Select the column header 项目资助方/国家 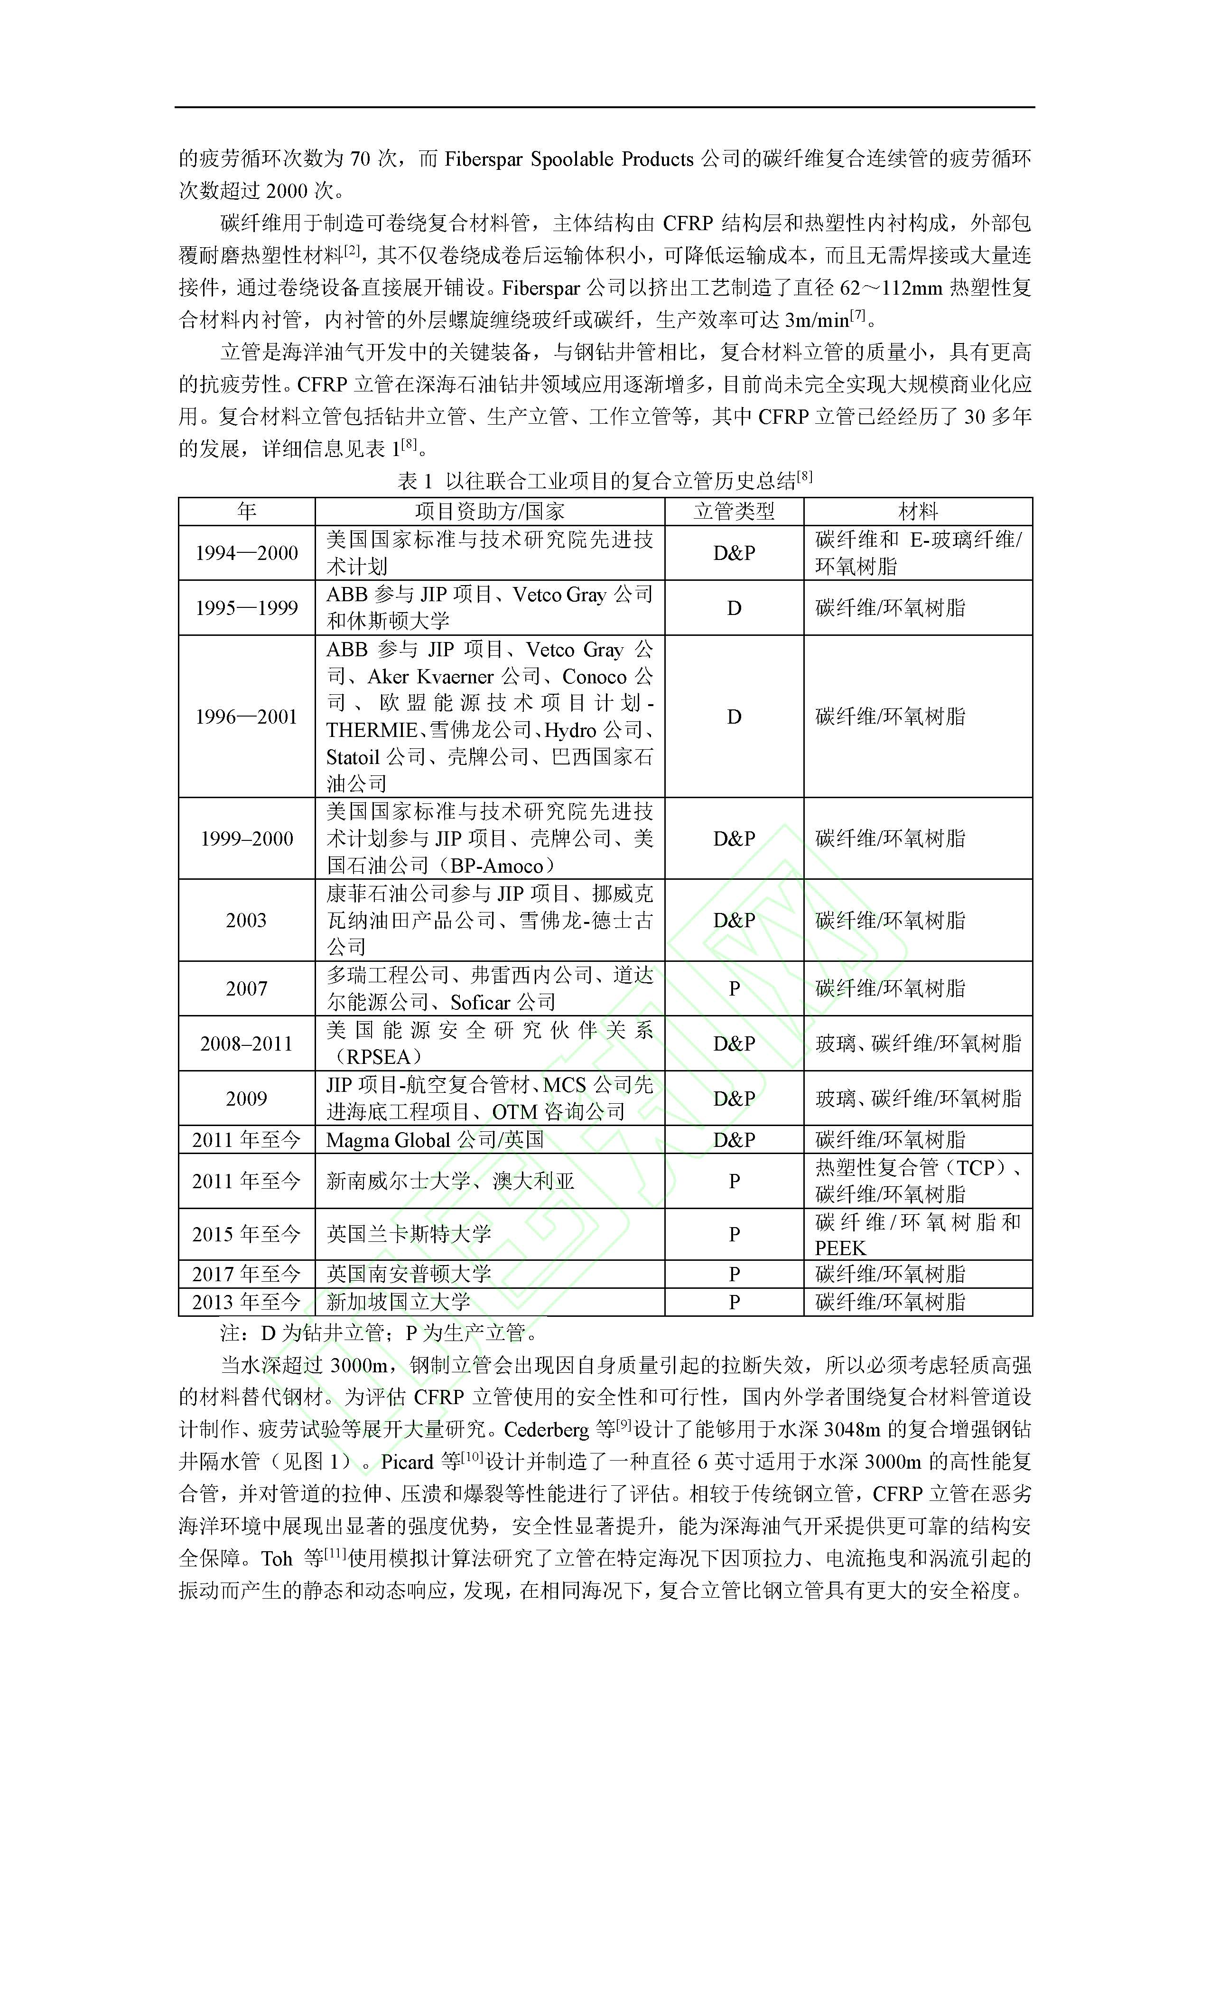tap(489, 511)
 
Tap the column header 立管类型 tap(734, 511)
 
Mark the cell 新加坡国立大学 tap(398, 1302)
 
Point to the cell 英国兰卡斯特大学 tap(409, 1234)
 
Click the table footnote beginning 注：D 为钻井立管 tap(379, 1332)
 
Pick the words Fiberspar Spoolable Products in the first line tap(568, 159)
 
